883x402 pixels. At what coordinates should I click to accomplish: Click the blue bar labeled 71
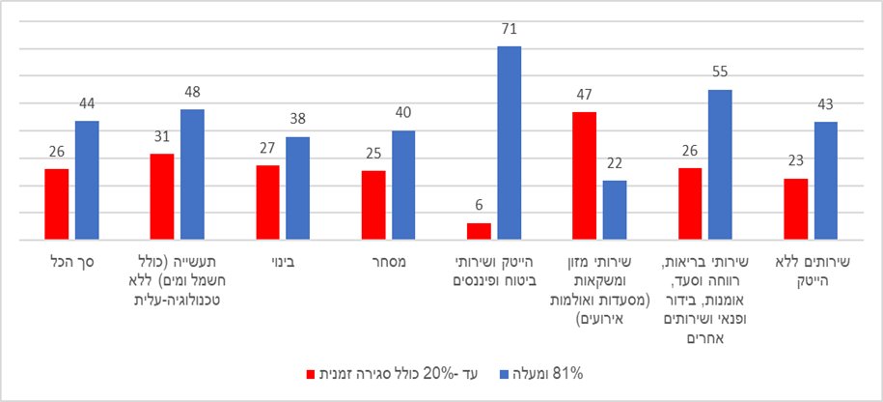tap(509, 142)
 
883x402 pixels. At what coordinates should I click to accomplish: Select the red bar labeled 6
tap(479, 231)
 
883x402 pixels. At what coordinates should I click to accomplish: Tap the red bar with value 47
tap(584, 175)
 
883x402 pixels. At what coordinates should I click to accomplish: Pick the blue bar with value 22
tap(614, 210)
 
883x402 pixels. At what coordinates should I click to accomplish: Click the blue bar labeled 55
tap(720, 164)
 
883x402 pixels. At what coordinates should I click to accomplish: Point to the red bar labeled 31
tap(162, 196)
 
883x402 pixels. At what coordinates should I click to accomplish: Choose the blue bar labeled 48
tap(192, 174)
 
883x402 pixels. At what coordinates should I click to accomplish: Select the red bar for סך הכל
tap(57, 204)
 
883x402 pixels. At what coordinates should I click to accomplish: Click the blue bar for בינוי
tap(297, 188)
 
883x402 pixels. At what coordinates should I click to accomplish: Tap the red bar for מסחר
tap(373, 205)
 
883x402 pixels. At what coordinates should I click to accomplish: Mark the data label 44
tap(87, 102)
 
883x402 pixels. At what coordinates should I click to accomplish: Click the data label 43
tap(824, 103)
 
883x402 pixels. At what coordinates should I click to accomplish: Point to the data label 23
tap(794, 160)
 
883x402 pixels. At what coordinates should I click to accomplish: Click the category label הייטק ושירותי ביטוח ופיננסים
tap(493, 270)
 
